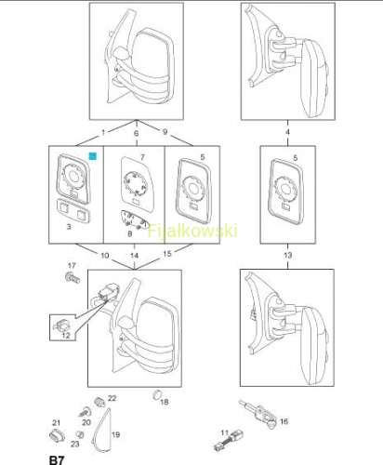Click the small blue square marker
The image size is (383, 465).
(93, 156)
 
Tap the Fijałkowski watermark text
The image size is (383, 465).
(192, 231)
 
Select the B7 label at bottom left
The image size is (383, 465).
(57, 460)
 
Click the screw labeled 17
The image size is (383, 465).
(73, 277)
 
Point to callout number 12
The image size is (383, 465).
(66, 335)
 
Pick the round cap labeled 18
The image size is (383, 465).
(157, 395)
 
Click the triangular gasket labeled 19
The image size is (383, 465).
(102, 430)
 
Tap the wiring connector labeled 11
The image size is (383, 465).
(229, 440)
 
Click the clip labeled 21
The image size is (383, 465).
(57, 436)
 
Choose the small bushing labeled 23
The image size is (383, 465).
(80, 434)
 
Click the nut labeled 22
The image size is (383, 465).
(99, 402)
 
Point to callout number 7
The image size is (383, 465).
(142, 157)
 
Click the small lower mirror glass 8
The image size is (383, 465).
(134, 219)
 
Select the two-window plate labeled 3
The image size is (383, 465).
(73, 211)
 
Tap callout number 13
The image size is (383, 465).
(287, 255)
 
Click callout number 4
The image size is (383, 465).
(287, 132)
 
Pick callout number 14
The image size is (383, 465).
(134, 256)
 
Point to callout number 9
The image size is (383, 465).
(165, 132)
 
